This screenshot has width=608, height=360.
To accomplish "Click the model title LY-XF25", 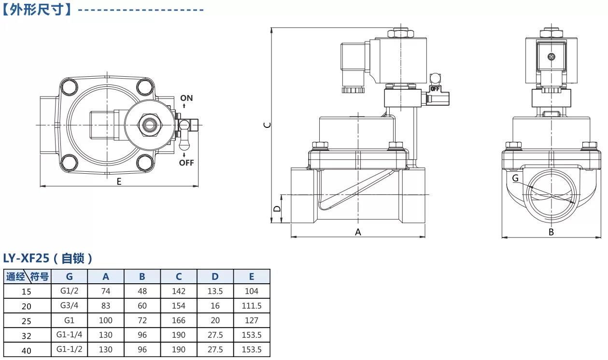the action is click(x=26, y=258).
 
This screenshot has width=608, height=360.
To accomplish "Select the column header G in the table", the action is click(x=69, y=277).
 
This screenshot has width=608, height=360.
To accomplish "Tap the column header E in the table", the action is click(x=252, y=277).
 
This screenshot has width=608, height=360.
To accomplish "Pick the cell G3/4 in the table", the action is click(x=69, y=305).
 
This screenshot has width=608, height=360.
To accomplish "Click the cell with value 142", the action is click(x=179, y=291).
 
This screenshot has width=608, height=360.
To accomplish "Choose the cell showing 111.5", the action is click(x=252, y=306).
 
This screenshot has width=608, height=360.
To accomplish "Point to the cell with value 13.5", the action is click(x=215, y=291).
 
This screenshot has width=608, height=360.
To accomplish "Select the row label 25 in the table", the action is click(x=27, y=321).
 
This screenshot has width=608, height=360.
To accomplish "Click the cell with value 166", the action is click(x=179, y=320).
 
